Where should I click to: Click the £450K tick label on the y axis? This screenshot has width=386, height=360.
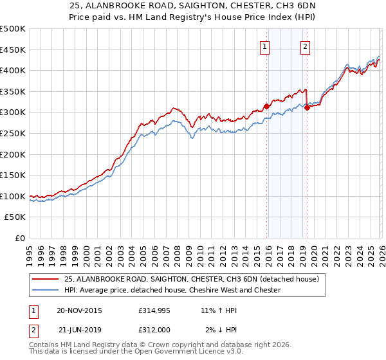13,50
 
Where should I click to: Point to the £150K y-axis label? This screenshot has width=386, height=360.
13,175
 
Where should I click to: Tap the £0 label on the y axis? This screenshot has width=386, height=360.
21,238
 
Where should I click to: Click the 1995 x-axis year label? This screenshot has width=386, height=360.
30,253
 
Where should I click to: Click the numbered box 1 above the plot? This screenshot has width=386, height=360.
265,46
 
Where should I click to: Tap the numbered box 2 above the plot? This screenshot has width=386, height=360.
305,46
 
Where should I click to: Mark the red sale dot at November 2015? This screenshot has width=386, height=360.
266,107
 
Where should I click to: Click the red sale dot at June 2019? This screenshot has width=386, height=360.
307,107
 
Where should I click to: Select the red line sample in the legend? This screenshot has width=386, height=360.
46,279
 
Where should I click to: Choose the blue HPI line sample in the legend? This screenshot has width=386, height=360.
46,290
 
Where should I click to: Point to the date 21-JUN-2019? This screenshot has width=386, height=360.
80,328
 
